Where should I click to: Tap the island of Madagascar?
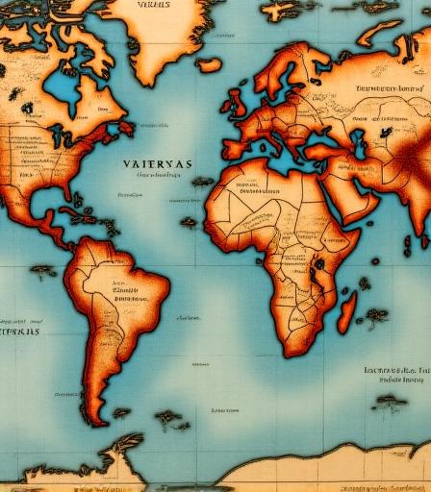[x=346, y=311]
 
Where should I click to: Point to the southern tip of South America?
[x=92, y=420]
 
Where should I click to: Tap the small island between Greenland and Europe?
[x=209, y=64]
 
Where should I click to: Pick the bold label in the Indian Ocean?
[x=395, y=369]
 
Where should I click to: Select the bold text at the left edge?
[x=19, y=332]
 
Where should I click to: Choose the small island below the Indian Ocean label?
[x=389, y=401]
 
